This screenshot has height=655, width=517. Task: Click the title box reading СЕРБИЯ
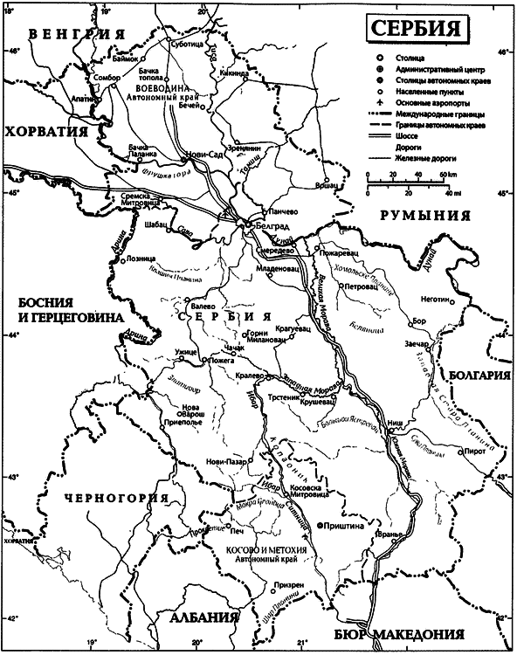pos(415,27)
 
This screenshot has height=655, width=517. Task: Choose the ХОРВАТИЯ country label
pos(49,131)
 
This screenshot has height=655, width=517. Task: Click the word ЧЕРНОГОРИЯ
pos(115,498)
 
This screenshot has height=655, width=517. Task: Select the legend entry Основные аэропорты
pos(421,103)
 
